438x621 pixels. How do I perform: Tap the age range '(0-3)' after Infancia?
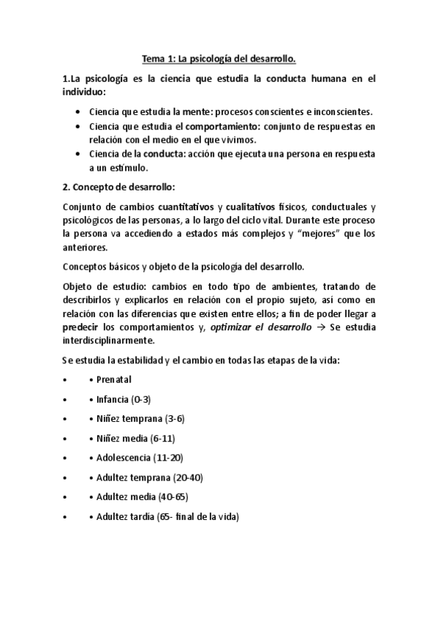point(140,399)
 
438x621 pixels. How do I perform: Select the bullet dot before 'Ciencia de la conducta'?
point(78,154)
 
